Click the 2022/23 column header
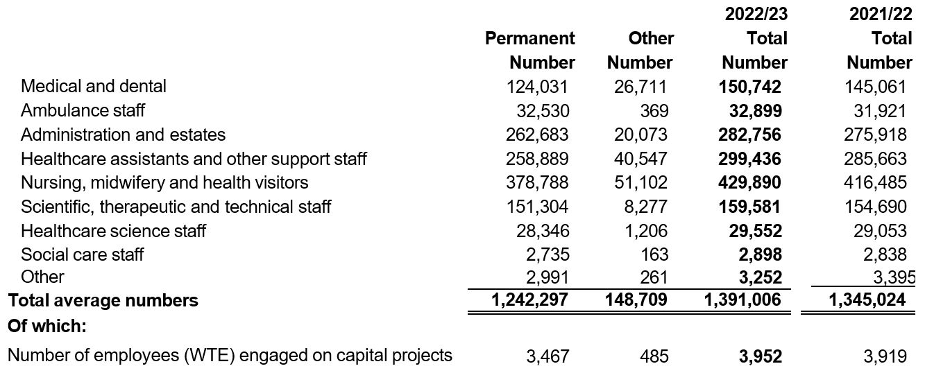[x=756, y=15]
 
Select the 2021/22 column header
[x=881, y=15]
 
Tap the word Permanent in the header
[x=529, y=39]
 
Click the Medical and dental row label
[x=93, y=86]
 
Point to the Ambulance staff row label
[x=83, y=110]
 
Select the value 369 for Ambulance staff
[x=654, y=111]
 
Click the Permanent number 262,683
[x=537, y=135]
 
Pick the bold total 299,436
[x=749, y=159]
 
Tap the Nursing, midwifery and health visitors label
[x=164, y=183]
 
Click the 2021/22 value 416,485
[x=875, y=183]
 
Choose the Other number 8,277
[x=645, y=207]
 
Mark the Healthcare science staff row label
[x=113, y=231]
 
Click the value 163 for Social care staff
[x=654, y=254]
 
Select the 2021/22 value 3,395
[x=894, y=277]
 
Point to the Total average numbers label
[x=103, y=300]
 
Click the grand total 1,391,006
[x=742, y=300]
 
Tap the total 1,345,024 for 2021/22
[x=867, y=300]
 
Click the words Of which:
[x=47, y=326]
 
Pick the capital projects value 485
[x=654, y=356]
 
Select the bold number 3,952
[x=761, y=356]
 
